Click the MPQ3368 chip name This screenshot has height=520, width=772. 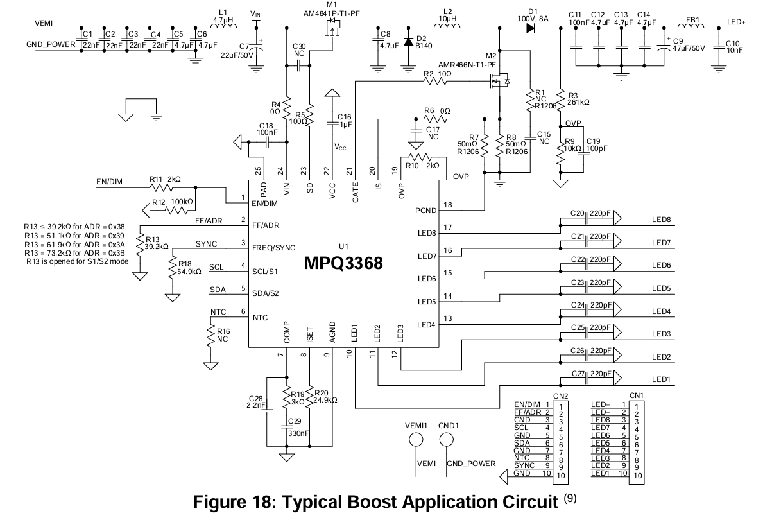(x=343, y=263)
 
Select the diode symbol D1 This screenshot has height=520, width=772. (x=531, y=28)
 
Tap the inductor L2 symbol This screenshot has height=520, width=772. (x=447, y=26)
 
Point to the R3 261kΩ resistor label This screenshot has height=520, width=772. (x=579, y=99)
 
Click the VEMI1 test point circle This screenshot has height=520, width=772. (x=416, y=440)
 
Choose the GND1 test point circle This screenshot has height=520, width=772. (x=447, y=440)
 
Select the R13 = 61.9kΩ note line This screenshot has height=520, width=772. (x=74, y=245)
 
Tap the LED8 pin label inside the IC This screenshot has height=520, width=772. (x=427, y=233)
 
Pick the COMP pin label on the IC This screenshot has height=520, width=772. (x=286, y=333)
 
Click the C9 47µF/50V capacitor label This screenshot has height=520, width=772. (x=688, y=44)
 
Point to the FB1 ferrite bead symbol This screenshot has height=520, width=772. (x=691, y=26)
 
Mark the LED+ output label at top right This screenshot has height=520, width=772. (x=736, y=22)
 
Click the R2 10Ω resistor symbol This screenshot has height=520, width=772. (x=435, y=82)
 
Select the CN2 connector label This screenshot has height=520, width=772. (x=560, y=396)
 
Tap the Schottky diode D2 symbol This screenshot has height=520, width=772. (x=408, y=42)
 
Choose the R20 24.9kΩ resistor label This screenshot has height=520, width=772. (x=325, y=397)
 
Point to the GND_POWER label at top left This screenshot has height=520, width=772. (x=51, y=44)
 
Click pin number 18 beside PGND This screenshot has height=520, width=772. (x=447, y=205)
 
